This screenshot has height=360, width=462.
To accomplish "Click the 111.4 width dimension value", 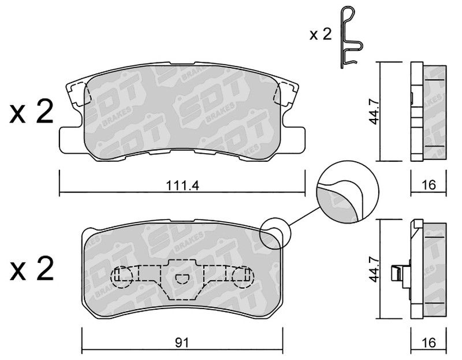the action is click(182, 185).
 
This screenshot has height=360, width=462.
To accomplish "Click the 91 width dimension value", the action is click(182, 343).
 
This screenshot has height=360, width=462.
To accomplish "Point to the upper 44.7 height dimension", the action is click(374, 112).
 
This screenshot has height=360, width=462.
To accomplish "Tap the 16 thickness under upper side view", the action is click(429, 185).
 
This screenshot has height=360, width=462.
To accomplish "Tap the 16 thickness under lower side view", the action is click(429, 343).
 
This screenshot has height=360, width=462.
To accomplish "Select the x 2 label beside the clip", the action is click(321, 35).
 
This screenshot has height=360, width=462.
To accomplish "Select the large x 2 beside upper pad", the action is click(32, 112).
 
